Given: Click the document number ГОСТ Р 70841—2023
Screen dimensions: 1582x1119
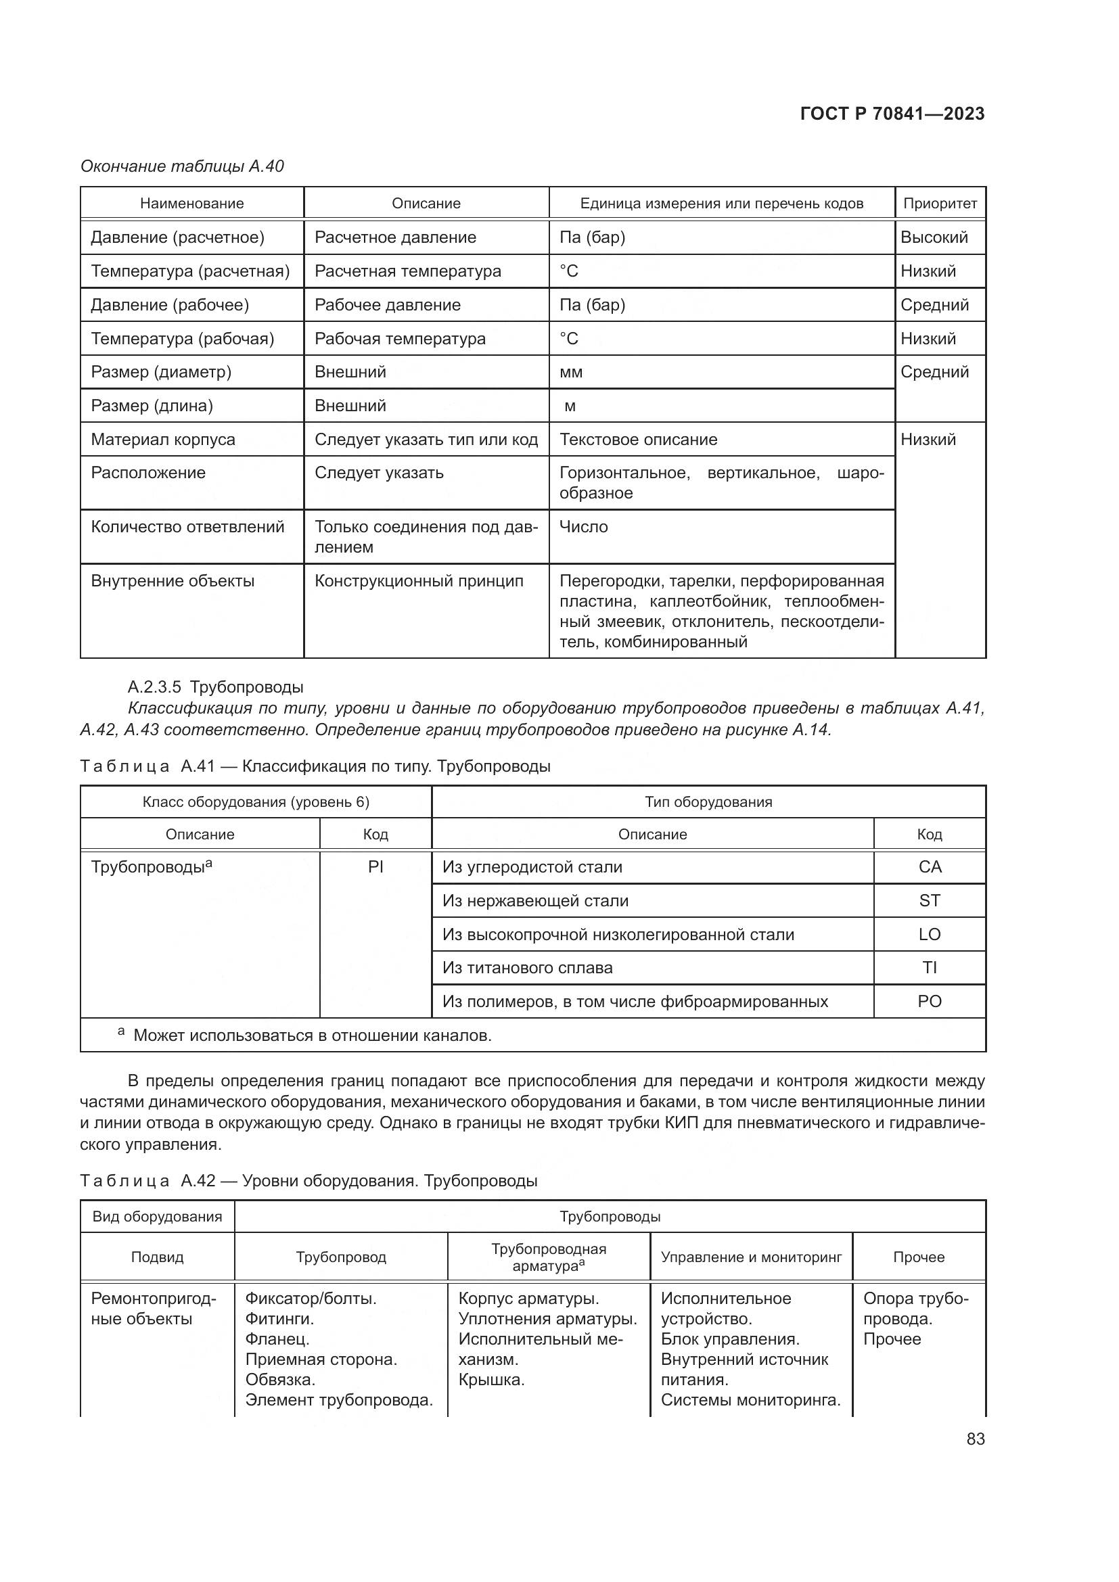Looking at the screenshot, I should tap(892, 114).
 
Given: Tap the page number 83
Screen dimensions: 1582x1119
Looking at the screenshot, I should tap(975, 1439).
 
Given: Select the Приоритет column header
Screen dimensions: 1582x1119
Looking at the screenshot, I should tap(940, 204).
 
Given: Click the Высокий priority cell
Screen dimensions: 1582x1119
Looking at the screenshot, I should tap(934, 237).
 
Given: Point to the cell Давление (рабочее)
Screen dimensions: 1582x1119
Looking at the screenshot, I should tap(170, 304).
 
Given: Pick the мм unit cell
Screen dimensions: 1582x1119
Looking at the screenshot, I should tap(571, 372).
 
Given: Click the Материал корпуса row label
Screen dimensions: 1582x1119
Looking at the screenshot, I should tap(163, 440).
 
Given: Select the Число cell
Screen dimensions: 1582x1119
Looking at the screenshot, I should tap(584, 527).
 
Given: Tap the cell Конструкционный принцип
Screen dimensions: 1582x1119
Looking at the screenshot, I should tap(419, 581).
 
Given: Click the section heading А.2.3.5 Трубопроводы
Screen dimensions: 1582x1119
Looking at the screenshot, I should tap(216, 687).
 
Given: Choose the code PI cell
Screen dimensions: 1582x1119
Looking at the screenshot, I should tap(375, 867).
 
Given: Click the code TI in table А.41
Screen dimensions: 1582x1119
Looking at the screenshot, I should tap(929, 967).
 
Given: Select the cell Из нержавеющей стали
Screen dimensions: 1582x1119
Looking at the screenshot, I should tap(535, 900).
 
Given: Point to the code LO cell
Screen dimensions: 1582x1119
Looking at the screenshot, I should tap(929, 934).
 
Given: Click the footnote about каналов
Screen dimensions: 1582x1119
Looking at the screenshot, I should tap(311, 1035).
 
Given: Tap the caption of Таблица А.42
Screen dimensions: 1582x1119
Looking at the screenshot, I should tap(309, 1180).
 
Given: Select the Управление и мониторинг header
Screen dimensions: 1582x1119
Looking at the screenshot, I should tap(751, 1257).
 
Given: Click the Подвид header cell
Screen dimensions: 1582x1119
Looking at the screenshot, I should tap(157, 1257).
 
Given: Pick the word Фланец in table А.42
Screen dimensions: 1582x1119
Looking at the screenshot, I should tap(277, 1339).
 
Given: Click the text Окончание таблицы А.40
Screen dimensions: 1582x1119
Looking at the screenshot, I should tap(182, 166).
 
